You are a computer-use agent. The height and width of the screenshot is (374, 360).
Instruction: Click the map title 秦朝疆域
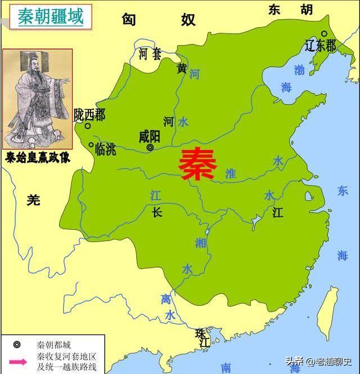point(50,17)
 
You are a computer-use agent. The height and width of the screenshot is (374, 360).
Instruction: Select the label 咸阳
point(150,137)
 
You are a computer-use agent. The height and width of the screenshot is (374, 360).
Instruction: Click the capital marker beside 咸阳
point(150,148)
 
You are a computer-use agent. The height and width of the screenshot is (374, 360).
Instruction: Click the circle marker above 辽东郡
point(324,34)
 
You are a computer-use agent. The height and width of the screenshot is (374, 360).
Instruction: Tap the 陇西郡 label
point(89,115)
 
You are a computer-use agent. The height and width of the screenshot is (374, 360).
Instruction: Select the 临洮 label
point(106,149)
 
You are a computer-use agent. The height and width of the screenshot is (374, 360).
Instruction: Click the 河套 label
point(150,54)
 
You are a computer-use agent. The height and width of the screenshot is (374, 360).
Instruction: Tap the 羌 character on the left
point(34,199)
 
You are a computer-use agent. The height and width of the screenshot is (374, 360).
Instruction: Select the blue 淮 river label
point(230,174)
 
